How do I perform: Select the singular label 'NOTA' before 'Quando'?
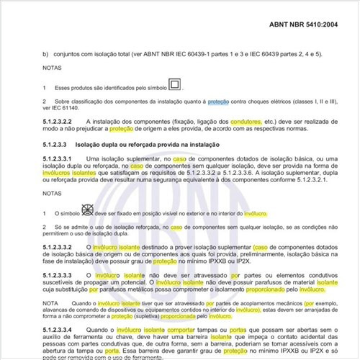click(50, 302)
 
